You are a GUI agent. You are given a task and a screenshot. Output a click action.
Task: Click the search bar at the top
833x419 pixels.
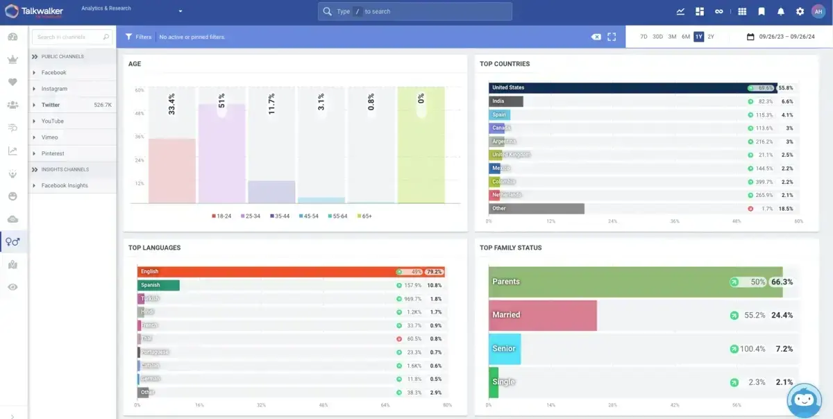click(415, 12)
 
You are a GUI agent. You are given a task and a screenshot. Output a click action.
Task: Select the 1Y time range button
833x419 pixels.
click(698, 37)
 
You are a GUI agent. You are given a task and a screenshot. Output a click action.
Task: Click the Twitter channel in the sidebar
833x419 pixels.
click(51, 105)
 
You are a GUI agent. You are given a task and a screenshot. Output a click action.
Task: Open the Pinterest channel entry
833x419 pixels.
click(53, 153)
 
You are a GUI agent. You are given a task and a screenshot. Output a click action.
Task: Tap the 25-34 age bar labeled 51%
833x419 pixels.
click(221, 153)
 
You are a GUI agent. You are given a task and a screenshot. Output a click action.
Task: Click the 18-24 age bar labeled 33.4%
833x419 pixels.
click(171, 170)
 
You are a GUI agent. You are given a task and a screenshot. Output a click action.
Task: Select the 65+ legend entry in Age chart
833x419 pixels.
click(364, 216)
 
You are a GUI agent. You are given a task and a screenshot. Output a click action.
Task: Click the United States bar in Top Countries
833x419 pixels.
click(618, 88)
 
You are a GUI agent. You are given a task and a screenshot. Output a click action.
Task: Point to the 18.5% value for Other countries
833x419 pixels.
click(785, 209)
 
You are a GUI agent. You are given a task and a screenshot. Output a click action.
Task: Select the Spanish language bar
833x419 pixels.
click(158, 285)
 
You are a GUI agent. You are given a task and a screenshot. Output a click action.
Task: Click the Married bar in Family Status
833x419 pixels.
click(543, 315)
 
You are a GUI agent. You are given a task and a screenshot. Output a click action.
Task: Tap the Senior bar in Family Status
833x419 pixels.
click(505, 348)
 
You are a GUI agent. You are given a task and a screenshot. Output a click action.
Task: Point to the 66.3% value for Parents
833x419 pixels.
click(782, 282)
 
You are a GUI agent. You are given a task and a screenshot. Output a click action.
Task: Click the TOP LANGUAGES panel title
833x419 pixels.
click(154, 248)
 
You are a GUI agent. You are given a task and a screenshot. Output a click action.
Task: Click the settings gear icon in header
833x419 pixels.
click(800, 12)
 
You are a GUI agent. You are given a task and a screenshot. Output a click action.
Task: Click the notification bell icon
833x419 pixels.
click(781, 12)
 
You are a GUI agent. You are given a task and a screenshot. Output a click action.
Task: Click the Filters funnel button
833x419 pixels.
click(138, 37)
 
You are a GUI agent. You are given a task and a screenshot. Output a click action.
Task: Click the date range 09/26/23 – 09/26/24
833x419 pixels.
click(781, 37)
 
